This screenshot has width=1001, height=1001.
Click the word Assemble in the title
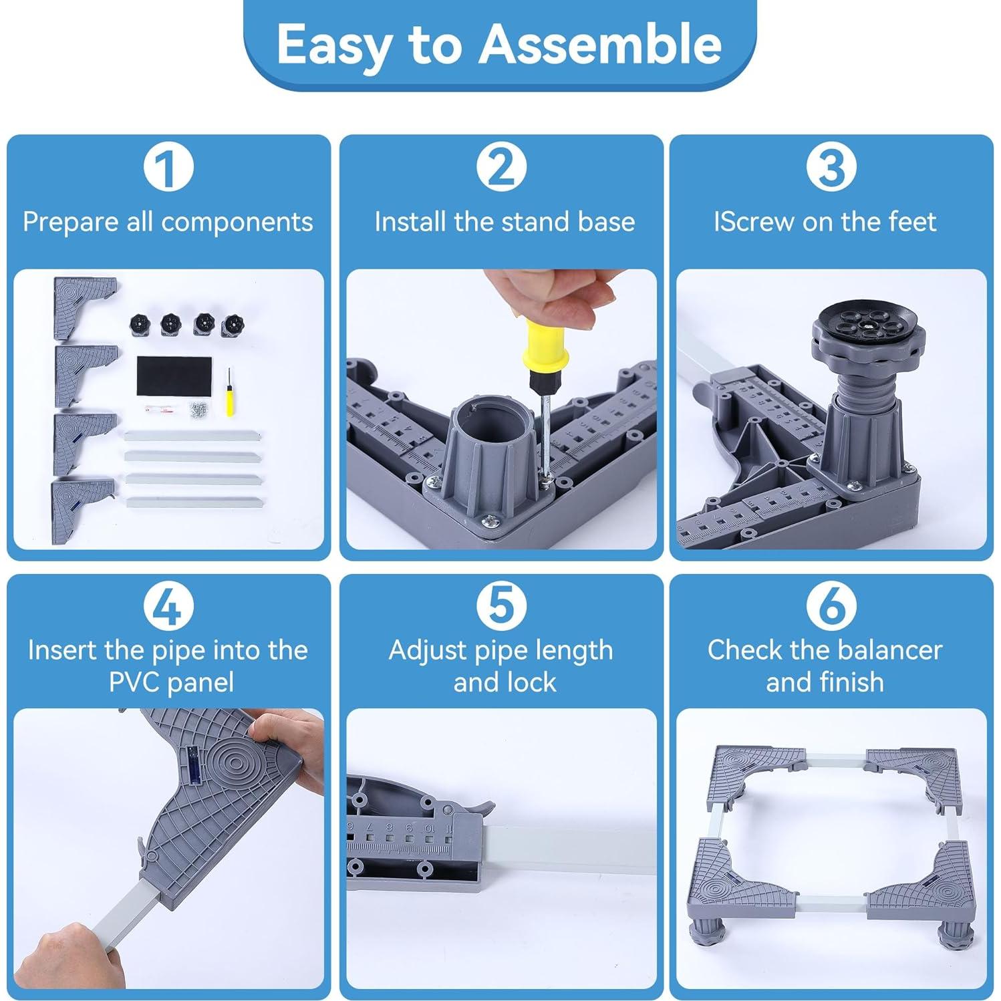[x=599, y=45]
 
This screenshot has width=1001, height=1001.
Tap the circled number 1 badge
[x=168, y=167]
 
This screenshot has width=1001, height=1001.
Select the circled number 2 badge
[x=501, y=167]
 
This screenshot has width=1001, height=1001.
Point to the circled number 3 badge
[x=831, y=167]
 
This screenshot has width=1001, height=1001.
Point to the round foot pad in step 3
[x=857, y=323]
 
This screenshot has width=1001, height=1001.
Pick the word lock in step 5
[x=531, y=682]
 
